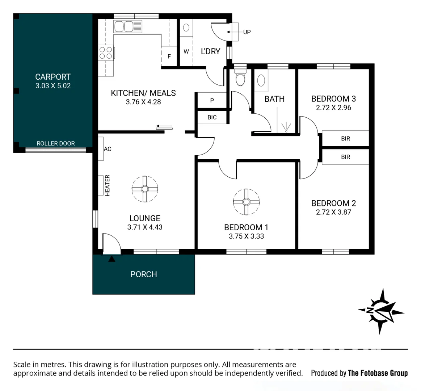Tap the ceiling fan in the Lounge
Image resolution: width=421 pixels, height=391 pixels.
point(145,189)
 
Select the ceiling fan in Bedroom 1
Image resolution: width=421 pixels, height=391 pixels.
point(246,202)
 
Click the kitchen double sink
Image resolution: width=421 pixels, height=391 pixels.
point(128,27)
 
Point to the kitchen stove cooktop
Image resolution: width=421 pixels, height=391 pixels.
point(106,53)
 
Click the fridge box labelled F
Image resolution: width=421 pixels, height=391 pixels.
point(169,56)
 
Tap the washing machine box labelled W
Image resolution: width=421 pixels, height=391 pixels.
point(186,52)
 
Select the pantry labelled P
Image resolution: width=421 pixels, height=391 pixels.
point(212,100)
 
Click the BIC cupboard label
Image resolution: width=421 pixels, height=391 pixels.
point(212,117)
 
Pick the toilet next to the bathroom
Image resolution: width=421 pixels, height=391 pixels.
point(240,78)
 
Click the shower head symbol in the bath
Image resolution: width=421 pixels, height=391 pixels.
point(286,127)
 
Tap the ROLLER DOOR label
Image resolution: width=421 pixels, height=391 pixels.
point(56,143)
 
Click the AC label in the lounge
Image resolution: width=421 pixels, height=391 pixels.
point(108,149)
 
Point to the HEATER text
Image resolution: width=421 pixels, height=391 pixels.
point(108,185)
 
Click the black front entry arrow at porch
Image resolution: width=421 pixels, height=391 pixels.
point(112,259)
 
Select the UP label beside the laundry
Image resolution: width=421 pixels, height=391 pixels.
point(247,32)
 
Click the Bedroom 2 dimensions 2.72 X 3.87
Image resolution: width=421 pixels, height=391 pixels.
point(333,212)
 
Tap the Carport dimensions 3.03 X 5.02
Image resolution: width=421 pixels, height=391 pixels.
point(53,86)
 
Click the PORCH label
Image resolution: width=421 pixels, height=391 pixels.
point(144,274)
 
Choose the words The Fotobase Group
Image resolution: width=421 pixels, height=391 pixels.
point(378,373)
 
